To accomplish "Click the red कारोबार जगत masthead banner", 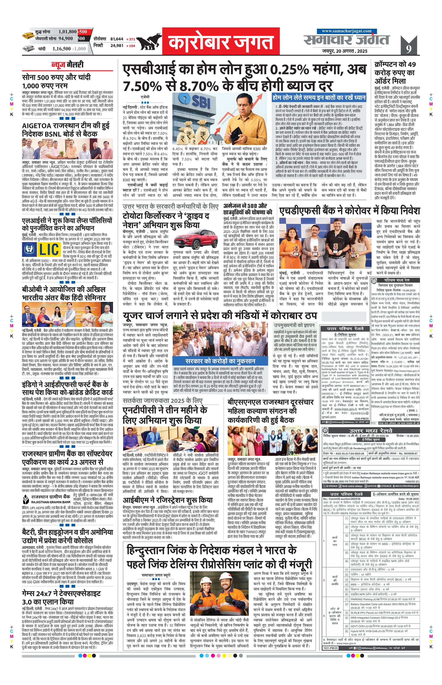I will (221, 41).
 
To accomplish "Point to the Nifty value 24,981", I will (117, 46).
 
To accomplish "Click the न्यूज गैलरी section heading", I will (67, 65).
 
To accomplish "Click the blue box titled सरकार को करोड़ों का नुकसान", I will (220, 361).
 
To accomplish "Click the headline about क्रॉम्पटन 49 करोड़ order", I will (395, 73).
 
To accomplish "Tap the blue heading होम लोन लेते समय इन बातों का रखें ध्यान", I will (319, 98).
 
